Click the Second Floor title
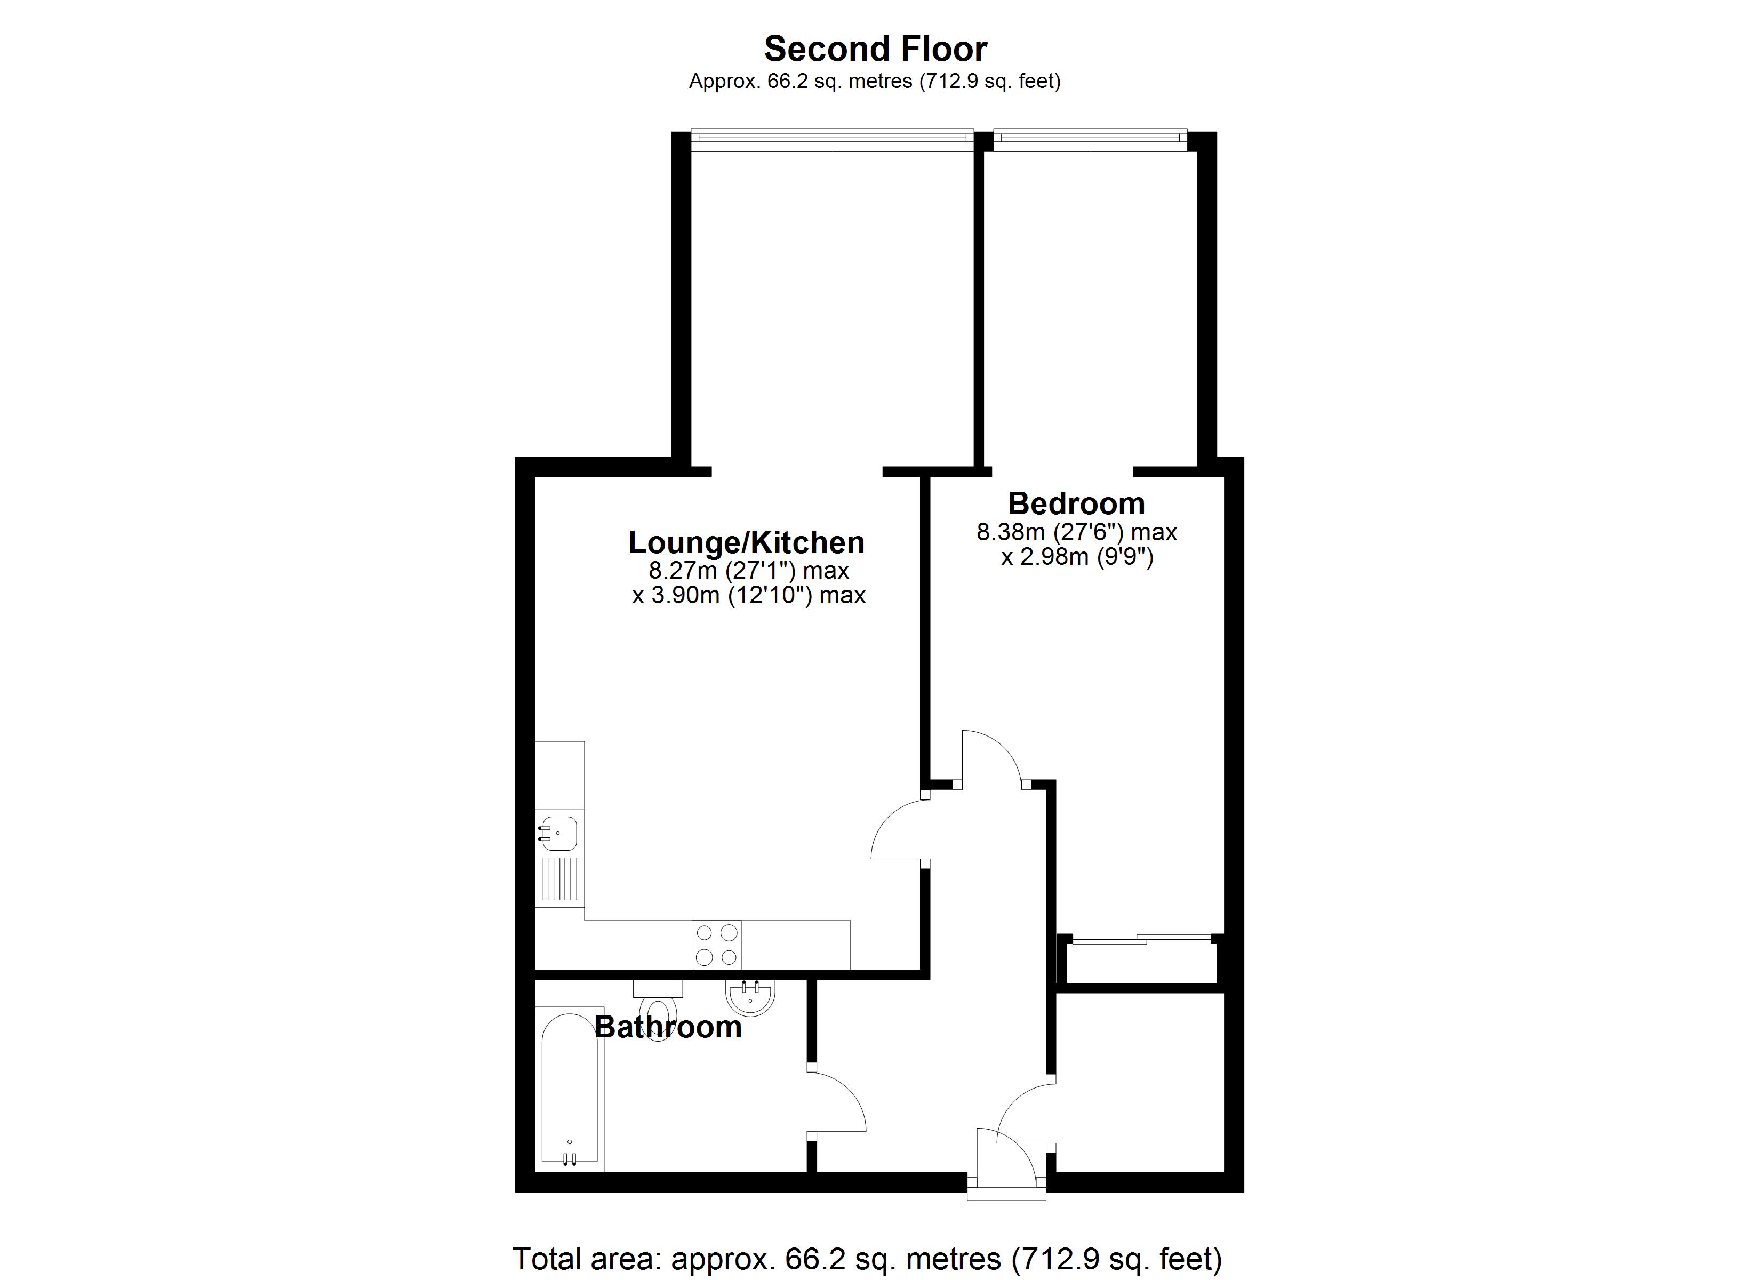[875, 49]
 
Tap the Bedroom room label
[1076, 504]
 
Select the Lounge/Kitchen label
[746, 542]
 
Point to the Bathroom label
[668, 1027]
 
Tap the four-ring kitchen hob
[716, 944]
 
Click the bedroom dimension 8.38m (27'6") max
[1076, 532]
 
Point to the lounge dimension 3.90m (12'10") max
[748, 595]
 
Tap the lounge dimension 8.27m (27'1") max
[748, 571]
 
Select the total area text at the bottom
[867, 1258]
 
